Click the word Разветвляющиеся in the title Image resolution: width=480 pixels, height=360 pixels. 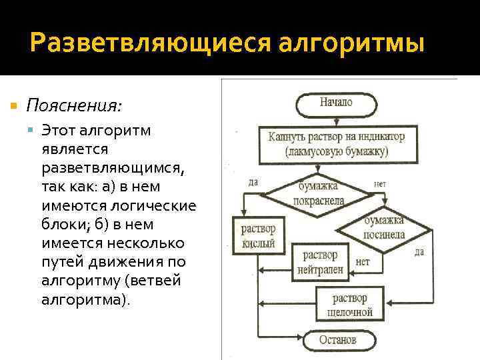click(x=149, y=43)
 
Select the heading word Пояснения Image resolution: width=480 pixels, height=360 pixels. click(x=74, y=105)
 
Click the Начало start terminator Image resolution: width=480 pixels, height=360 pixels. click(x=336, y=103)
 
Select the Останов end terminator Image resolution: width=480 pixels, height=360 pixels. click(x=337, y=339)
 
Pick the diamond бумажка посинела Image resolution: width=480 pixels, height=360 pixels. click(x=384, y=227)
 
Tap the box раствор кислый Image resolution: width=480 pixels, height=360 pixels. click(x=258, y=236)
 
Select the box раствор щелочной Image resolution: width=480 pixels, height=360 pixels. click(x=349, y=304)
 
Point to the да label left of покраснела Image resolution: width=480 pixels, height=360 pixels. click(x=253, y=182)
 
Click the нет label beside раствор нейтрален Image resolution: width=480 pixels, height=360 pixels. click(x=363, y=262)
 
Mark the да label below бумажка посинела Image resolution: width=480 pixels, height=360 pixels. click(x=419, y=252)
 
